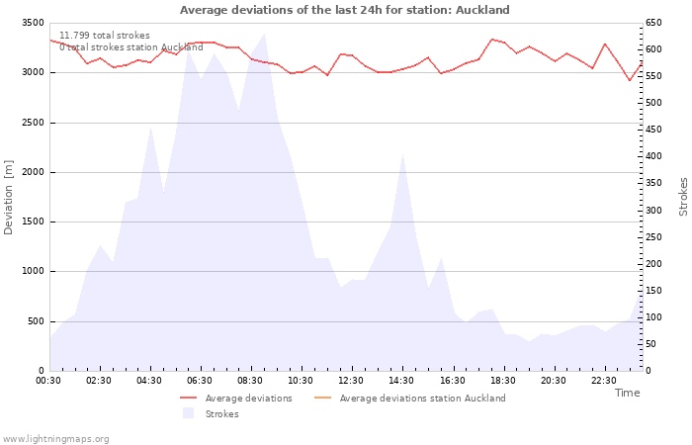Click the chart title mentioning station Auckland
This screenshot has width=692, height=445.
coord(345,10)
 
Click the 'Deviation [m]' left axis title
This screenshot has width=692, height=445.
coord(9,198)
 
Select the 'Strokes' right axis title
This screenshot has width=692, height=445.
coord(683,197)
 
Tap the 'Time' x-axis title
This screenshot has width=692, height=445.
coord(627,393)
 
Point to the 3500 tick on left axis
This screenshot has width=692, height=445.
coord(32,23)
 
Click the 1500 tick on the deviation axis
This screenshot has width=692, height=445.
coord(32,222)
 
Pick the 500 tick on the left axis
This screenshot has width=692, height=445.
coord(35,321)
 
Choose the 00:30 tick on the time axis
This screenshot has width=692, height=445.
coord(48,381)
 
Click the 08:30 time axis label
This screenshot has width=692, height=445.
coord(250,381)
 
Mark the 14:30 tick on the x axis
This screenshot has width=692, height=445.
coord(401,381)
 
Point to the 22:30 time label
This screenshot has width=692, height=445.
coord(603,381)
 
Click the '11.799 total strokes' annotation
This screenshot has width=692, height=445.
coord(105,36)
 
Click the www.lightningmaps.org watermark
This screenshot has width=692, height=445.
coord(56,438)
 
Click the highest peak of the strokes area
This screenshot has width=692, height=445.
coord(264,34)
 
